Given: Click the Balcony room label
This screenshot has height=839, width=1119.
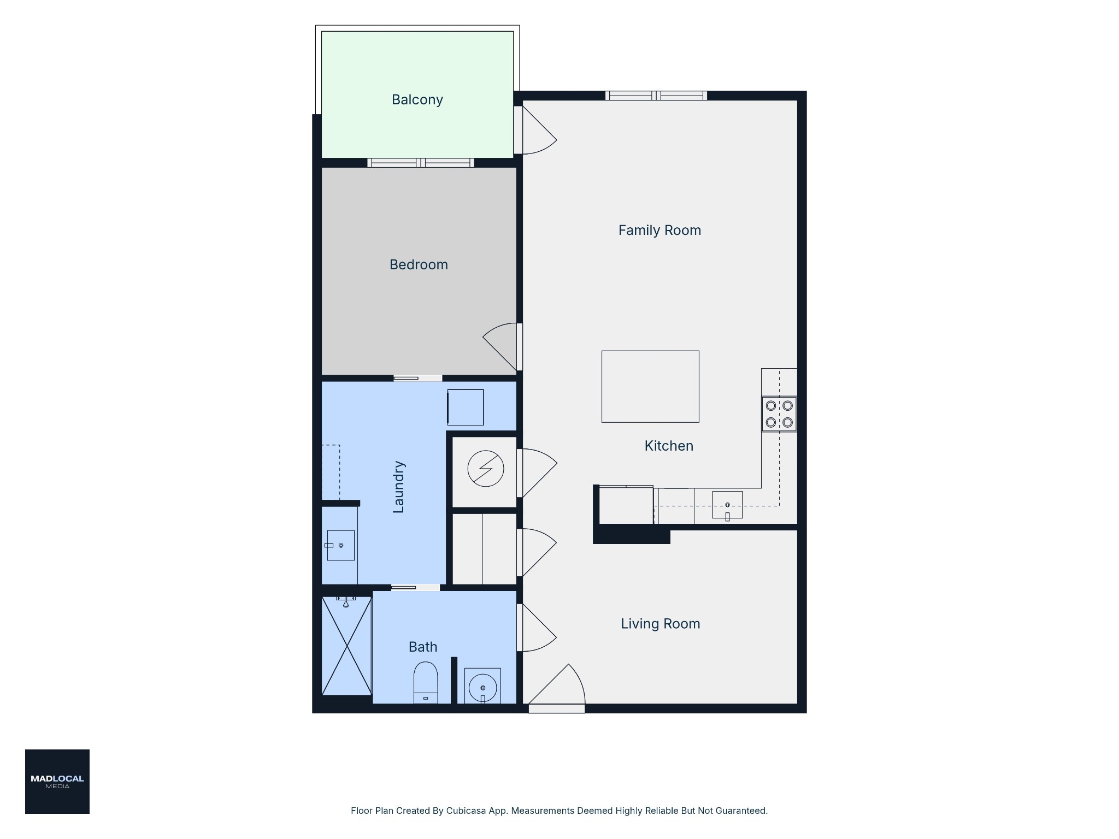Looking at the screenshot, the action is click(417, 100).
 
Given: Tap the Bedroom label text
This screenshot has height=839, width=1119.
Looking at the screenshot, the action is click(419, 265).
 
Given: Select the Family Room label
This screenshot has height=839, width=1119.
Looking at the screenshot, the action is click(659, 231).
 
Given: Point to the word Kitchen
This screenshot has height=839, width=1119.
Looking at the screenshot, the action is click(669, 446).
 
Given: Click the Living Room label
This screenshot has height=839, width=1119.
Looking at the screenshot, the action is click(660, 624).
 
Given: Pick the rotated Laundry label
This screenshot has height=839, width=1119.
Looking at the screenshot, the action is click(398, 487).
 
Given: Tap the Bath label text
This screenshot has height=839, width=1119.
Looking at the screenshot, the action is click(423, 647).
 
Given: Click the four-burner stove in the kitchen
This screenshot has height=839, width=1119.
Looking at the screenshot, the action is click(779, 414).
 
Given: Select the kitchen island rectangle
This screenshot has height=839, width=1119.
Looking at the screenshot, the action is click(650, 386).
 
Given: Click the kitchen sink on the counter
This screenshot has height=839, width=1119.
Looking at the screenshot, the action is click(727, 505).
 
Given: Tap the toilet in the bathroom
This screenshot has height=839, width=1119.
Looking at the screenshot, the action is click(426, 682).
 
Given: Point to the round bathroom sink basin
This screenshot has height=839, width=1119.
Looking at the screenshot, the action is click(482, 687).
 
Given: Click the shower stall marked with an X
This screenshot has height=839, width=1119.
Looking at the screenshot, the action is click(347, 646).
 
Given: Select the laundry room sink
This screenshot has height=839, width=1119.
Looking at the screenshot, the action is click(340, 545).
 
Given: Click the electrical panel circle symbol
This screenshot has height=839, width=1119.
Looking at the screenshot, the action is click(486, 468).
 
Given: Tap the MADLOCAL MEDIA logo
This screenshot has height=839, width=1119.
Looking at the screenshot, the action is click(57, 782).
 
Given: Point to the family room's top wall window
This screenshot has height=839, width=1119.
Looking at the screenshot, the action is click(656, 96).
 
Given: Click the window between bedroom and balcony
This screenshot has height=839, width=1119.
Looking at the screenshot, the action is click(421, 163).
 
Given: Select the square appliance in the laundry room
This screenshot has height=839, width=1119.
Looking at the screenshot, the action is click(466, 407).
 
